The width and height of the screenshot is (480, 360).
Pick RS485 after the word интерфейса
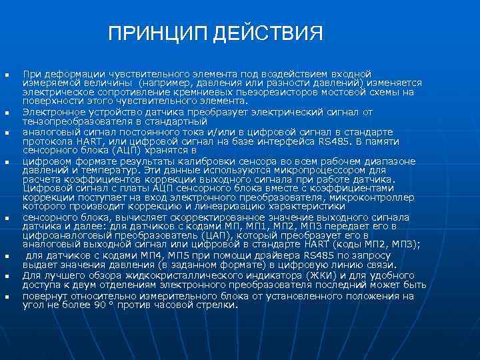tap(325, 141)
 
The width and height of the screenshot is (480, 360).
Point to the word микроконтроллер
tap(375, 197)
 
